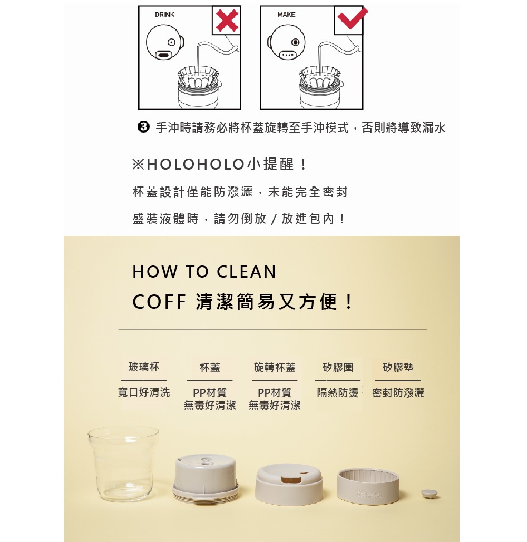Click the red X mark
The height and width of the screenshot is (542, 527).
(226, 21)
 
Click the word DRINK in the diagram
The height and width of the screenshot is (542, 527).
(164, 15)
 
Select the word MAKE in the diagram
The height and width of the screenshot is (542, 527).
(286, 15)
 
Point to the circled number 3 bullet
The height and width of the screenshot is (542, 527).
(142, 127)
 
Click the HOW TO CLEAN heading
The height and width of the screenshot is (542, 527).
(204, 272)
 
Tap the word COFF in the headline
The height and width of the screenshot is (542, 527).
(159, 302)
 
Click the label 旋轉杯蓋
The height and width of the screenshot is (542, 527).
(275, 367)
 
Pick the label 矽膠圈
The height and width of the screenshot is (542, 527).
(338, 367)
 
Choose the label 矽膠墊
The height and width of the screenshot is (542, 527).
(398, 367)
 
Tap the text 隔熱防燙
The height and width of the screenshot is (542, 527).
(338, 392)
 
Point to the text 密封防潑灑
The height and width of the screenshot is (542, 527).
(398, 392)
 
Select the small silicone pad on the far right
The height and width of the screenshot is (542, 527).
(430, 494)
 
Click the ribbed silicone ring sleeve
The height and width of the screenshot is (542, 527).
(368, 485)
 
